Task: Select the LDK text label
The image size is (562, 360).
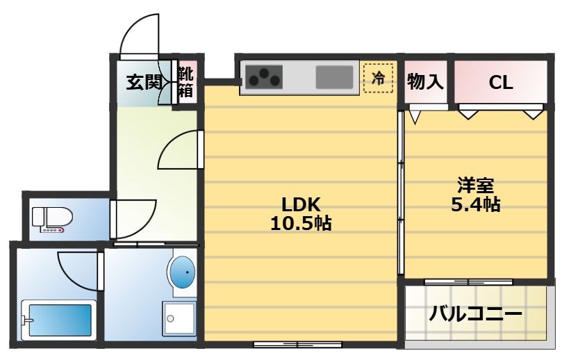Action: tap(300, 205)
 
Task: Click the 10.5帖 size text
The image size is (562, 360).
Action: tap(300, 224)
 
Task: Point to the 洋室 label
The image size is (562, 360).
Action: tap(475, 186)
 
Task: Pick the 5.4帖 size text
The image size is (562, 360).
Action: tap(475, 205)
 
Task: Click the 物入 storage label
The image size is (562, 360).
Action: tap(425, 82)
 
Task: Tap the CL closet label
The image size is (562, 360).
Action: tap(500, 83)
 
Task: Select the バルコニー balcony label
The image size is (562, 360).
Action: tap(475, 314)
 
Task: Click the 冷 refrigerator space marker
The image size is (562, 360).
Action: tap(378, 78)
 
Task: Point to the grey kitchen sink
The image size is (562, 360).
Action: tap(334, 76)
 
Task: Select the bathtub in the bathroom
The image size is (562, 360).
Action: tap(59, 320)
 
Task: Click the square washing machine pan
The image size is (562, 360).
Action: tap(179, 319)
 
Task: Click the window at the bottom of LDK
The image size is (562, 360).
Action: tap(297, 344)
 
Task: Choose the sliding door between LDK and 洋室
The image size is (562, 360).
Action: tap(401, 191)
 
